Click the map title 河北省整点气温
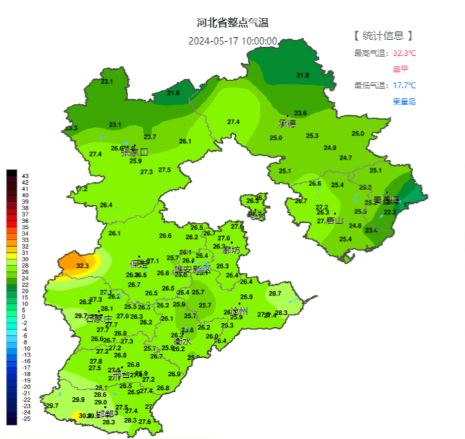(232, 23)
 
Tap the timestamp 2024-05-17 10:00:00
(232, 41)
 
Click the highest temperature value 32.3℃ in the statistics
(405, 53)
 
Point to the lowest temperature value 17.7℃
(404, 85)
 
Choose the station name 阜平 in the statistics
(401, 69)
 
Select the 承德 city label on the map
(287, 124)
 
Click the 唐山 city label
(335, 221)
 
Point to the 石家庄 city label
(99, 319)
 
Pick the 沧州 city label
(238, 311)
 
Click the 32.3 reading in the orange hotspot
(82, 266)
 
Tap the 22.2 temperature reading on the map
(390, 212)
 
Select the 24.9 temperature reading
(329, 148)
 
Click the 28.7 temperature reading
(274, 293)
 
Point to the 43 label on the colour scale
(25, 175)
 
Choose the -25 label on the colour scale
(27, 418)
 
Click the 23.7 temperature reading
(150, 137)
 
